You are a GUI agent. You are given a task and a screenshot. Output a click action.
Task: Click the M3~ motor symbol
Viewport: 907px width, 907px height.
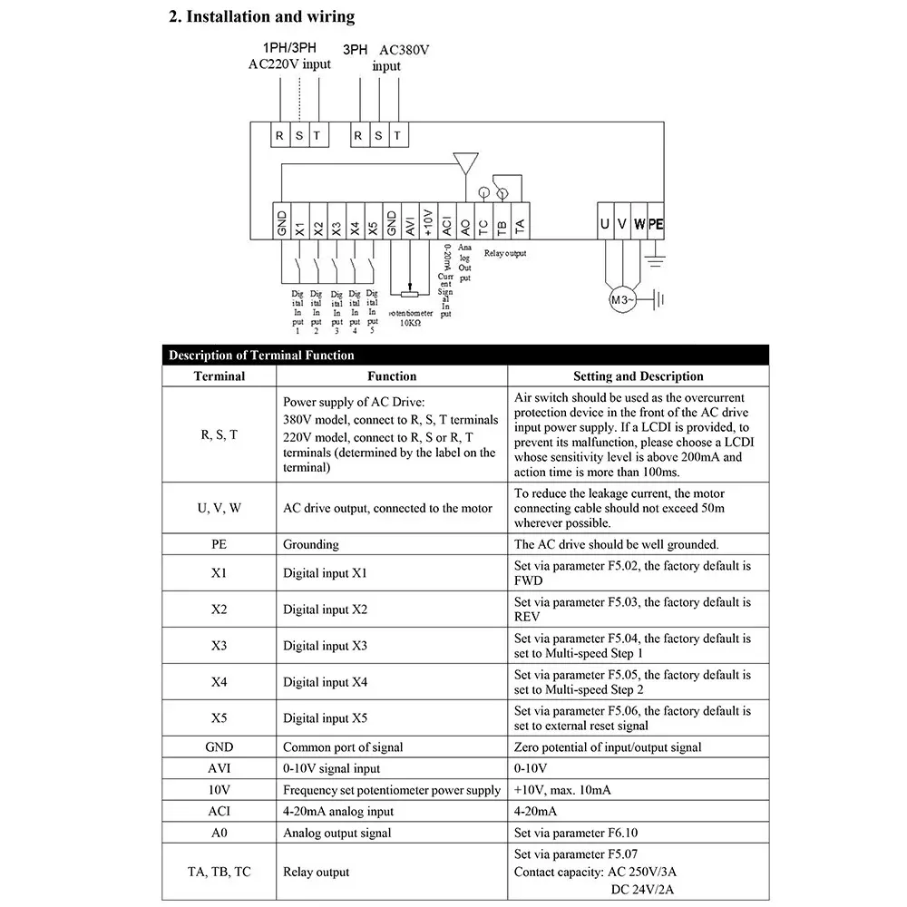point(623,299)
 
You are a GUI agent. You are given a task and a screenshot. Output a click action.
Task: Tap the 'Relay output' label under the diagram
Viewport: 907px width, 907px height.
point(505,254)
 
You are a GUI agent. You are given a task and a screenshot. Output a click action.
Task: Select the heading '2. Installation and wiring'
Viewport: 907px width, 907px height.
point(262,16)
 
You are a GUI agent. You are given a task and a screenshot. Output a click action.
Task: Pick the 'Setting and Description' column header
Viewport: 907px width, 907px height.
point(638,376)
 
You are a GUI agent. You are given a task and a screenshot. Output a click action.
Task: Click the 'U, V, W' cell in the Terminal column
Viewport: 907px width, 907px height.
point(219,508)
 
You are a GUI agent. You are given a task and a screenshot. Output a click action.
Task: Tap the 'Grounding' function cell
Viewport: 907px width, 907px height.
point(311,545)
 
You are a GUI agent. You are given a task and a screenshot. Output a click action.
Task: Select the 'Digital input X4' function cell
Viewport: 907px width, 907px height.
point(325,682)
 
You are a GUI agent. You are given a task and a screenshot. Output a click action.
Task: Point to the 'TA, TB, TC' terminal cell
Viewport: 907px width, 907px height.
point(219,872)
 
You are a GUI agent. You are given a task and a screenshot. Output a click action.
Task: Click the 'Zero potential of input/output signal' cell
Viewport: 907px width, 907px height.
point(608,747)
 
